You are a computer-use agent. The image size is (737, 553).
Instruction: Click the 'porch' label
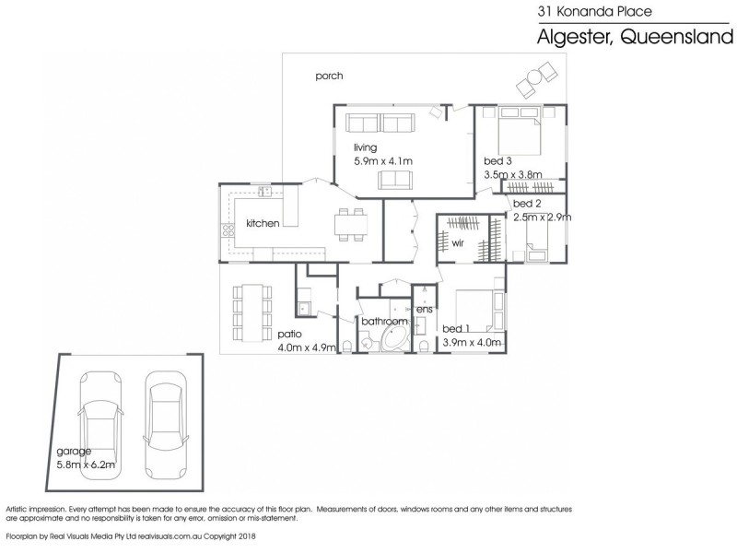[x=329, y=76]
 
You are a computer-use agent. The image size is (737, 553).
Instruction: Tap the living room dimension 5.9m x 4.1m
[x=383, y=160]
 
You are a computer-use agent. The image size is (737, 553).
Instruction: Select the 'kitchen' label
[x=263, y=223]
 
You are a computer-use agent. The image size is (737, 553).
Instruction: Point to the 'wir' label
[x=457, y=243]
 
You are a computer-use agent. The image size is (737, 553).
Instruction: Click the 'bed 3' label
[x=497, y=160]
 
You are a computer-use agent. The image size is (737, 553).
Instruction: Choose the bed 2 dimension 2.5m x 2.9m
[x=542, y=217]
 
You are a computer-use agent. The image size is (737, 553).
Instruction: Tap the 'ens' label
[x=424, y=309]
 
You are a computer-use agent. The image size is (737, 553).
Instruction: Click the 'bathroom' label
[x=384, y=321]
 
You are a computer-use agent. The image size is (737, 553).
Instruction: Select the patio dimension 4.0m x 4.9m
[x=307, y=347]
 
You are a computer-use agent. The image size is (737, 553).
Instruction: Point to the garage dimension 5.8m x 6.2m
[x=86, y=465]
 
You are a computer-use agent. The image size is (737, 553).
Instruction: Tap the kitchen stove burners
[x=228, y=229]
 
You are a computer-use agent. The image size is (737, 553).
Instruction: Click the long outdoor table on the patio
[x=252, y=312]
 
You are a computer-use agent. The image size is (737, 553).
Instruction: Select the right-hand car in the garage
[x=166, y=426]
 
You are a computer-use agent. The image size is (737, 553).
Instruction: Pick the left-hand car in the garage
[x=100, y=426]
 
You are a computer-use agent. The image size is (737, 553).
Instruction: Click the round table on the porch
[x=535, y=76]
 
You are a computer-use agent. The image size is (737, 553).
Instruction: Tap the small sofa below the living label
[x=395, y=180]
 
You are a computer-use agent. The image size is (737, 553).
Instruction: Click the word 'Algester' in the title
[x=574, y=37]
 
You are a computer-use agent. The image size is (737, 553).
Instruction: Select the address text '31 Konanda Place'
[x=594, y=11]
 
